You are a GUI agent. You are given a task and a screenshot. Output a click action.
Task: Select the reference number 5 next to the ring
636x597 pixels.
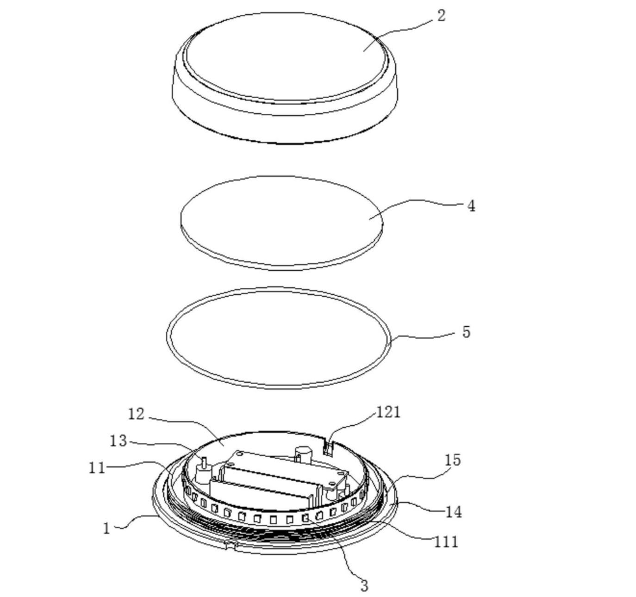466,332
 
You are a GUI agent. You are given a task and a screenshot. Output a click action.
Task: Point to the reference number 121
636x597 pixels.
388,411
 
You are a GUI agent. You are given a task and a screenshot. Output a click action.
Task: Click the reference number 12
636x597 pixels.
136,414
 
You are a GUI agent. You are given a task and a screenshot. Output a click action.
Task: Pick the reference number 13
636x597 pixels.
118,441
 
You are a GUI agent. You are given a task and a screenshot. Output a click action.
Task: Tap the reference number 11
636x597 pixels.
97,467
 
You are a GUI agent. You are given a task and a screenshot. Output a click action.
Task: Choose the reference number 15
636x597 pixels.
453,460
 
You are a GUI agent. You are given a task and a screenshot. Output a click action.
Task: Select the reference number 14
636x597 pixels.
454,512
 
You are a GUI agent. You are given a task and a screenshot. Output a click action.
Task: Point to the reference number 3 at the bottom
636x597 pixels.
364,586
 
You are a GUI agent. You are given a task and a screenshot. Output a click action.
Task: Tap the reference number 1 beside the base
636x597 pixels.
106,528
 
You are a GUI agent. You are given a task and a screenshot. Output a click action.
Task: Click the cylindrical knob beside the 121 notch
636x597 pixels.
304,452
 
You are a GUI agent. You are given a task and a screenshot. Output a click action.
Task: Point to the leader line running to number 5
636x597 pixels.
426,337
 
